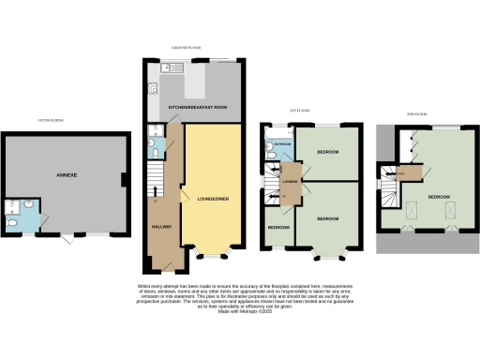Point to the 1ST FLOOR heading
click(300, 112)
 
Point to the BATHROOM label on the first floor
click(280, 144)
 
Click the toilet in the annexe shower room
click(10, 223)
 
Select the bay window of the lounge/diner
click(214, 254)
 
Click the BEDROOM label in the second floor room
click(439, 198)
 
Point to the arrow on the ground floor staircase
click(155, 200)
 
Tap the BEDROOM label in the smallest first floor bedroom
click(278, 228)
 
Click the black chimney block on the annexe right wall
click(126, 179)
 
